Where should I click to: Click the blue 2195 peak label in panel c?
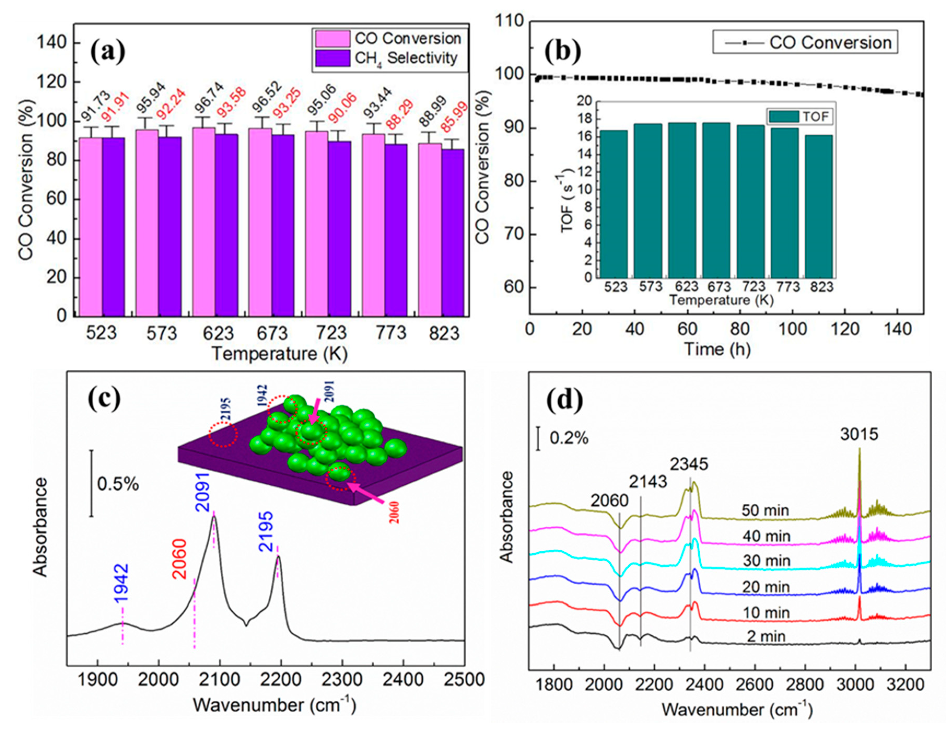click(x=266, y=531)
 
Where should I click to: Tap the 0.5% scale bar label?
click(x=118, y=484)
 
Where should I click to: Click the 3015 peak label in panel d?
click(x=859, y=446)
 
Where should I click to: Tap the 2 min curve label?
click(x=766, y=636)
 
